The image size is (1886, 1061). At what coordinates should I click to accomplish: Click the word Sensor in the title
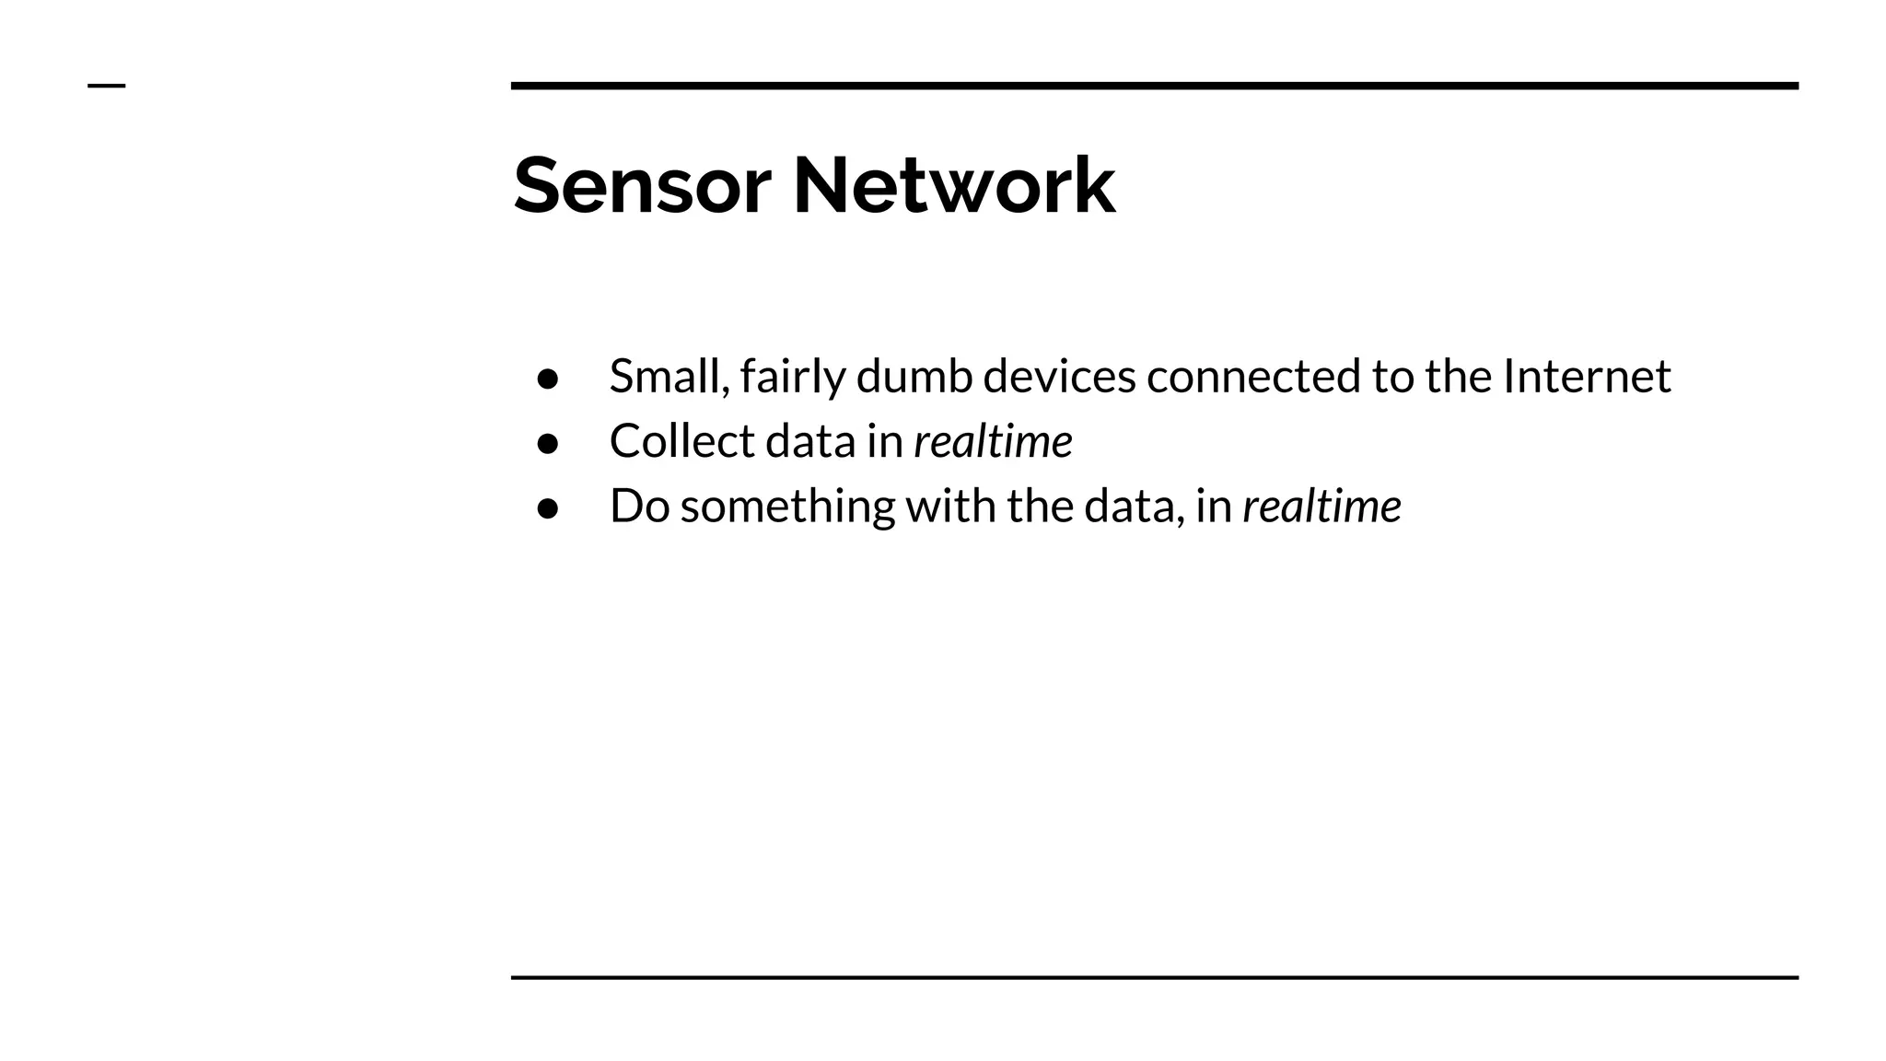pos(642,186)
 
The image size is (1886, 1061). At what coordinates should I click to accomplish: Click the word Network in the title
pos(954,186)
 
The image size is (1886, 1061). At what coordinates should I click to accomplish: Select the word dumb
pos(914,376)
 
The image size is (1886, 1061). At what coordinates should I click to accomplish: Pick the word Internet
pos(1586,376)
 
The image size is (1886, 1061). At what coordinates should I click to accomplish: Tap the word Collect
pos(681,441)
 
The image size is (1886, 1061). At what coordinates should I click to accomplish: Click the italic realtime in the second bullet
pos(993,441)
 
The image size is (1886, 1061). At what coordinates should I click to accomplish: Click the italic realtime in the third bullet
pos(1321,507)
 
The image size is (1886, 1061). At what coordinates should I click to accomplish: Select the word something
pos(787,507)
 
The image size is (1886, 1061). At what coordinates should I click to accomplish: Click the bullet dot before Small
pos(548,379)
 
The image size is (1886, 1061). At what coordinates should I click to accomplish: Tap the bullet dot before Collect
pos(548,444)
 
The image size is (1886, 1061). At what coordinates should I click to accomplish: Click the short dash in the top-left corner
pos(106,87)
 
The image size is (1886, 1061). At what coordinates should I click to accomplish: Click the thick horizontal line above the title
pos(1154,86)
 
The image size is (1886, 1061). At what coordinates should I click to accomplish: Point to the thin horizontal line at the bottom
pos(1154,977)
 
